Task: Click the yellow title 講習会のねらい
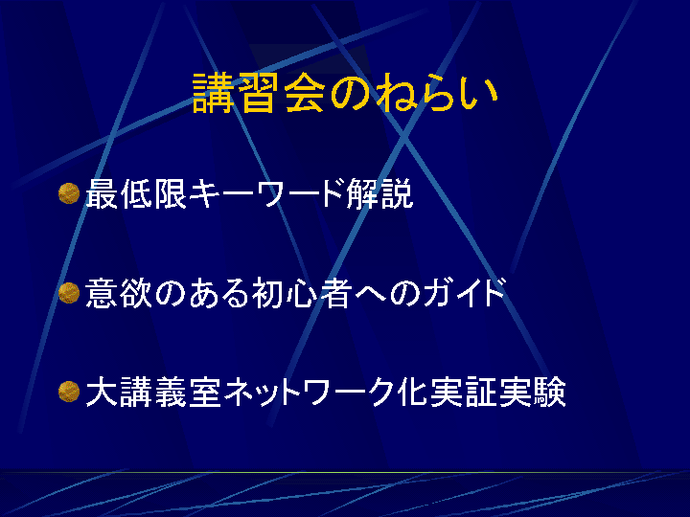tap(345, 93)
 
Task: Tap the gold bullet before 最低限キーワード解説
tap(69, 193)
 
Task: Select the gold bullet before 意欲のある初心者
tap(69, 293)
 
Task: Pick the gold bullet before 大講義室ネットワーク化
tap(69, 392)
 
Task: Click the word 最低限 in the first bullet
tap(137, 193)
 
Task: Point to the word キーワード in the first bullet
tap(267, 193)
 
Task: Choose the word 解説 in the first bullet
tap(379, 193)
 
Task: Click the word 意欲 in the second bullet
tap(119, 293)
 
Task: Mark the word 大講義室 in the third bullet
tap(153, 392)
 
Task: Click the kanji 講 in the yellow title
tap(213, 93)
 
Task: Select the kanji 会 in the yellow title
tap(305, 93)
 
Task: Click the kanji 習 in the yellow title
tap(259, 93)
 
